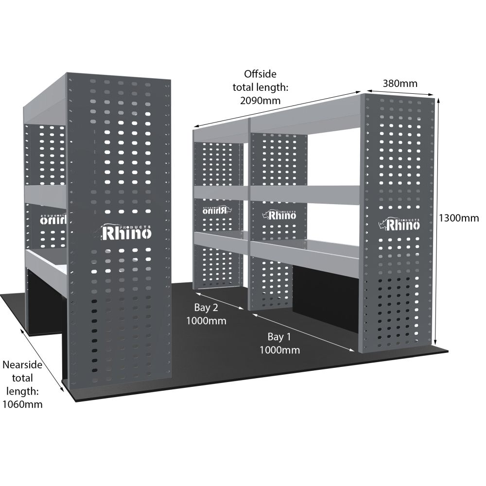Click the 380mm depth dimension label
pyautogui.click(x=399, y=83)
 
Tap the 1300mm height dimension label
pyautogui.click(x=458, y=218)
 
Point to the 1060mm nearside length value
pyautogui.click(x=22, y=404)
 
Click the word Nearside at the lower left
pyautogui.click(x=22, y=364)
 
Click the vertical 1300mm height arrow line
pyautogui.click(x=438, y=219)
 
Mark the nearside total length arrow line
pyautogui.click(x=42, y=359)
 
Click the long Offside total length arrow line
pyautogui.click(x=277, y=109)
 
